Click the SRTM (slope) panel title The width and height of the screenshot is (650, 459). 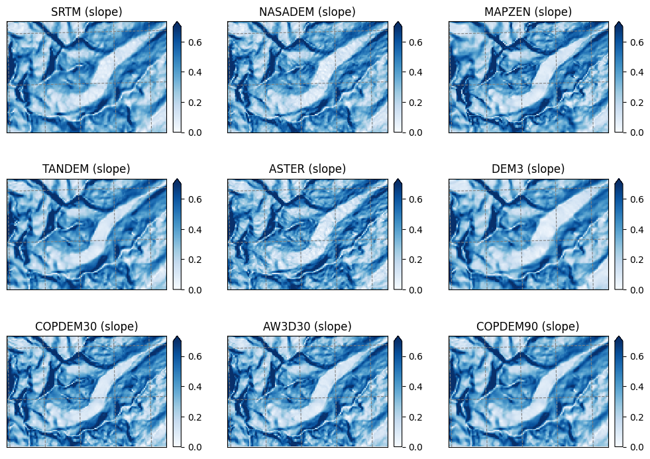point(87,12)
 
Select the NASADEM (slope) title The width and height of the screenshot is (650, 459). point(307,12)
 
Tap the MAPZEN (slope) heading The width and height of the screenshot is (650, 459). point(528,12)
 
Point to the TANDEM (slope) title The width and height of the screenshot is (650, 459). point(86,169)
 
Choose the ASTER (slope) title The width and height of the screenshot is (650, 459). point(307,169)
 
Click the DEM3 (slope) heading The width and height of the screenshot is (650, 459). point(528,169)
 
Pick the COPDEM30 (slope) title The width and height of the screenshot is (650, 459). point(86,327)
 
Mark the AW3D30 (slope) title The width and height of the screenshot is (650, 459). point(307,327)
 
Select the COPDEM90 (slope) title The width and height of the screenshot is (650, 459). point(527,327)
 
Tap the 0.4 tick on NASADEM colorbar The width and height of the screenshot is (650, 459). point(415,72)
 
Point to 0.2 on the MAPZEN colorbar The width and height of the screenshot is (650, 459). point(636,103)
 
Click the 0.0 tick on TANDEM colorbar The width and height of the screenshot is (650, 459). point(195,290)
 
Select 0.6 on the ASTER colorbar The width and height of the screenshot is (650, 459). point(415,199)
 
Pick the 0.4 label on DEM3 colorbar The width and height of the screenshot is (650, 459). point(636,229)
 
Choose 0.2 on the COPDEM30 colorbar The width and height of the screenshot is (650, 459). point(195,417)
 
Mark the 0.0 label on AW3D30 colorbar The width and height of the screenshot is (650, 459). point(415,447)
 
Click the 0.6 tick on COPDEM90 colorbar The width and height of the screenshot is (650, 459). point(636,356)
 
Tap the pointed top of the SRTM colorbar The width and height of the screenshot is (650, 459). point(177,23)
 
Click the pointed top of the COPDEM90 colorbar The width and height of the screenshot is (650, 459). point(618,336)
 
